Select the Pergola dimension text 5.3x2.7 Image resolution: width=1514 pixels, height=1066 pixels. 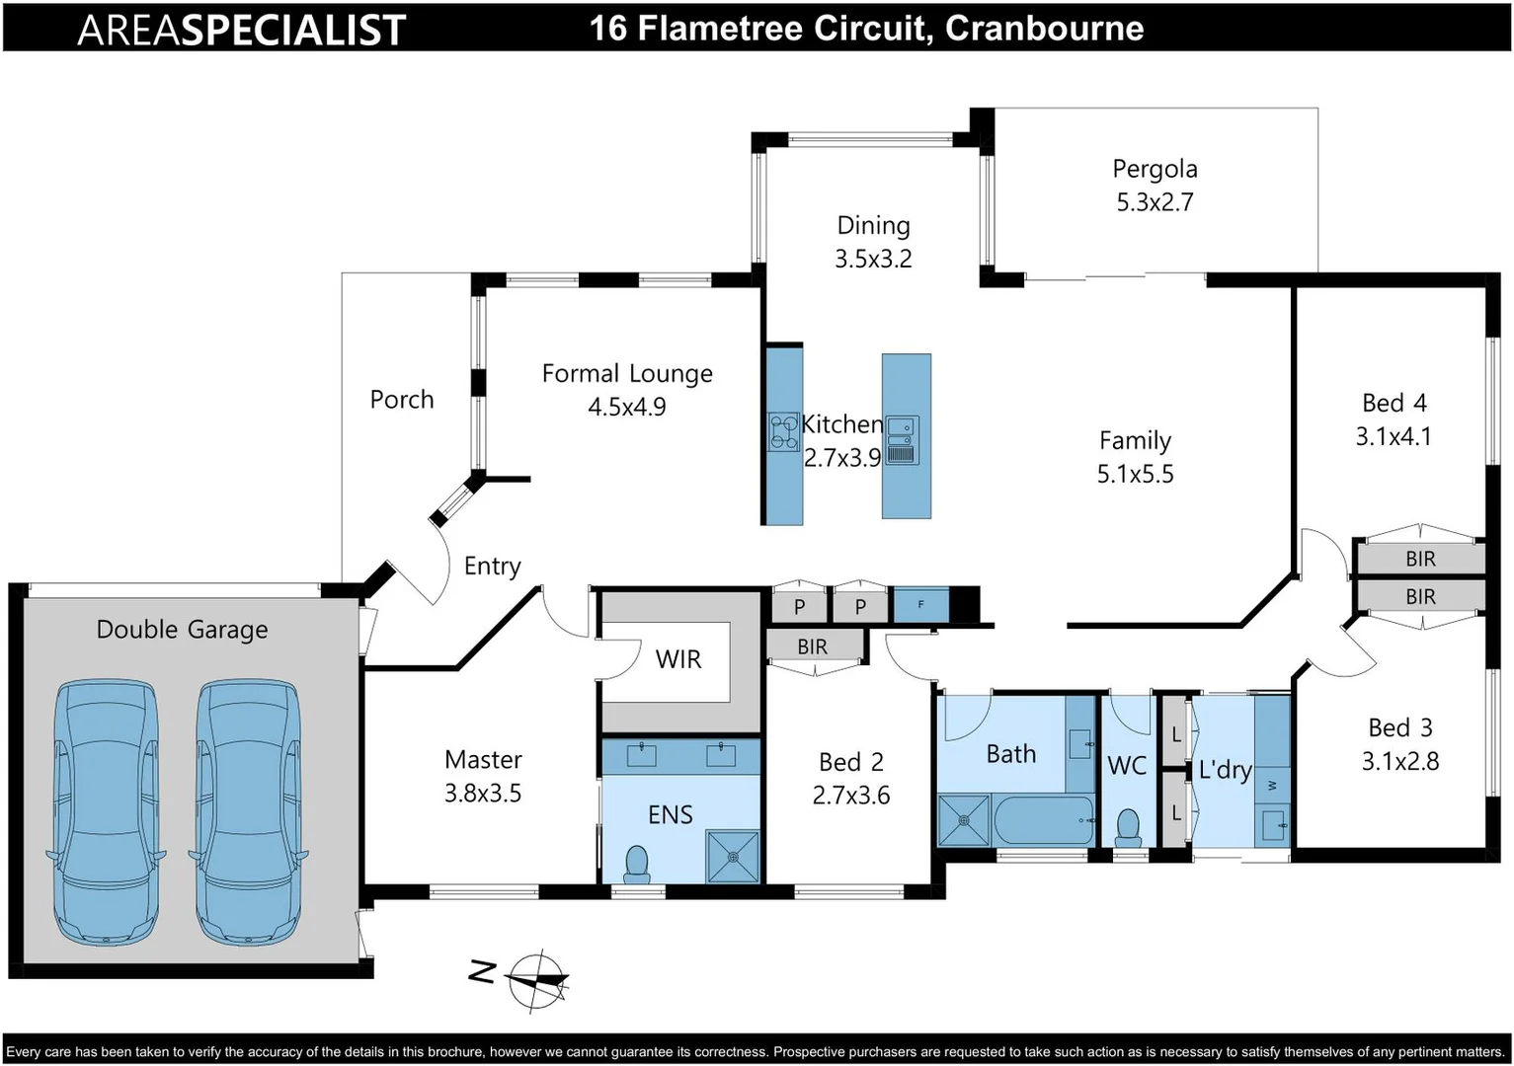tap(1155, 202)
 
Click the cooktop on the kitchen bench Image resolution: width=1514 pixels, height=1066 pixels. tap(784, 431)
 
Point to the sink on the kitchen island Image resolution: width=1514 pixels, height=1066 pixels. tap(903, 439)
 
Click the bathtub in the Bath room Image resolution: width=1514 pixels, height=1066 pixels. tap(1043, 819)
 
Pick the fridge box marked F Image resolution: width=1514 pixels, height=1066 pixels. tap(920, 604)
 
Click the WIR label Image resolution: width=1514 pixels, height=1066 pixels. tap(678, 659)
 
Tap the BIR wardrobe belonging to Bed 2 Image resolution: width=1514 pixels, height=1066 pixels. tap(813, 647)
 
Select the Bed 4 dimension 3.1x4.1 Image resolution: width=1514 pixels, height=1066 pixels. tap(1393, 436)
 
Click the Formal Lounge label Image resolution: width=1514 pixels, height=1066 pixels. tap(627, 374)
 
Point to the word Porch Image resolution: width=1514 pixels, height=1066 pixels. tap(402, 400)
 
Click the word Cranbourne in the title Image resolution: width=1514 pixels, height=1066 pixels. tap(1044, 28)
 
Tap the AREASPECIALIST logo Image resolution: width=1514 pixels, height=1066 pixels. tap(242, 30)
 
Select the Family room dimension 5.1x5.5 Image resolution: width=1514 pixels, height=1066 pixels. tap(1135, 475)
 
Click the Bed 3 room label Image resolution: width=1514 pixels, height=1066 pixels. tap(1399, 728)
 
